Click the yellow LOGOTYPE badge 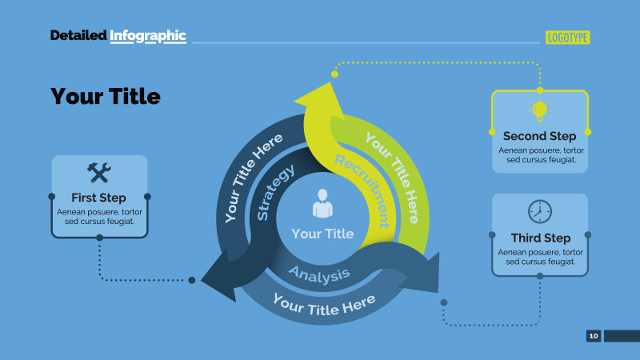[567, 38]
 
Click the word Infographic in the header [148, 36]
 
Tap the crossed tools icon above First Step [99, 172]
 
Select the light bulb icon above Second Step [539, 110]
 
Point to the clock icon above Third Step [539, 211]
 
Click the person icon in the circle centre [322, 203]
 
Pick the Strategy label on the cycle [275, 193]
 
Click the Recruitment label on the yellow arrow [362, 190]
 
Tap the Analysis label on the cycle [319, 274]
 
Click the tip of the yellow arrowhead [330, 83]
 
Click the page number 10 [594, 335]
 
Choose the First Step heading [98, 198]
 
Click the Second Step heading [539, 136]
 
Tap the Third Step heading [541, 238]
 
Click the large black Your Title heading [106, 96]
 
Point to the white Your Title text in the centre [322, 234]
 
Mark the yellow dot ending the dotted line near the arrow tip [334, 74]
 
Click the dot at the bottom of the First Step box [99, 238]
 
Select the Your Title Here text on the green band [392, 178]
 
